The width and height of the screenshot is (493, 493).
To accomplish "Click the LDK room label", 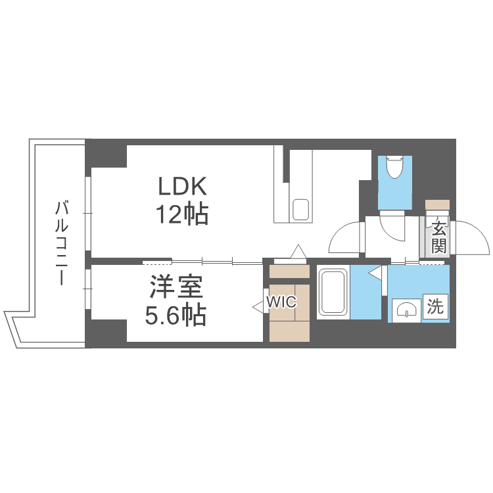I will point(182,187).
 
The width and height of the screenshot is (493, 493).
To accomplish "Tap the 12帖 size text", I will point(182,214).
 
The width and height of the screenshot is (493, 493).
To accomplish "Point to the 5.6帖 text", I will point(176,316).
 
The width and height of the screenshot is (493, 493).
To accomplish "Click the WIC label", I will point(281,303).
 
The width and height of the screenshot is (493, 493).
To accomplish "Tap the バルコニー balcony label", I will point(62,243).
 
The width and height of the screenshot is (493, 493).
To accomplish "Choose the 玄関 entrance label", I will point(439,238).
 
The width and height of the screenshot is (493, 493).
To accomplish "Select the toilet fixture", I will point(394,168).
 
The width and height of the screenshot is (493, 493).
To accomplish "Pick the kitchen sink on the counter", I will point(300,210).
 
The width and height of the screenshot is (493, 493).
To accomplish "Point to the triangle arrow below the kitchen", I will point(298,251).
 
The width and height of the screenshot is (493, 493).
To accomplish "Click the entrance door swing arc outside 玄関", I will point(472,237).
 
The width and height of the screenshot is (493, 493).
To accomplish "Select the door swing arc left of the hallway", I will point(344,239).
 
